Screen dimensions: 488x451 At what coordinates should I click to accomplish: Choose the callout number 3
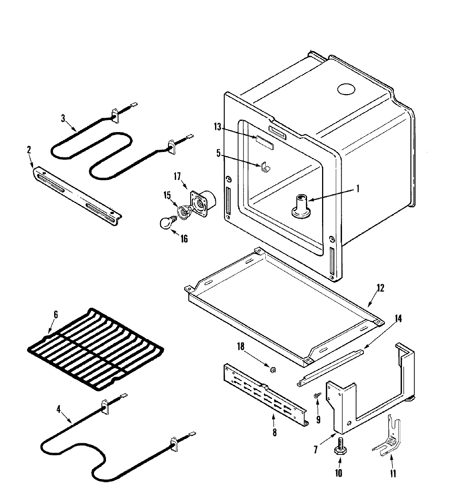[x=63, y=118]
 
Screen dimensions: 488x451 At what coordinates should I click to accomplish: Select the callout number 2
[x=29, y=150]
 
